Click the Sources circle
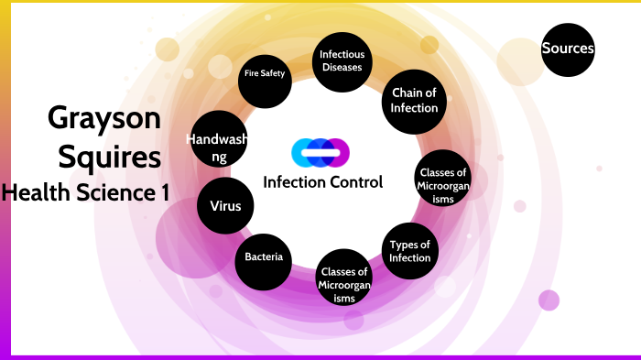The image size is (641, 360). [x=568, y=49]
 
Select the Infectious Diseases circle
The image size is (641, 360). [x=342, y=61]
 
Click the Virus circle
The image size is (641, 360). [x=225, y=206]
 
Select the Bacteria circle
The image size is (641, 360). [x=264, y=256]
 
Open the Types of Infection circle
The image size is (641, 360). [x=409, y=250]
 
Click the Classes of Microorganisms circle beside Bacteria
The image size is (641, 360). [x=344, y=285]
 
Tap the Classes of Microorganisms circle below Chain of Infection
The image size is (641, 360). [x=443, y=178]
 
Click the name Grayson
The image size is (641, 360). [x=103, y=118]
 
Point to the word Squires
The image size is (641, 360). [x=110, y=157]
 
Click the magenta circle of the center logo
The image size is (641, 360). [x=338, y=151]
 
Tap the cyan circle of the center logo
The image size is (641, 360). [x=302, y=151]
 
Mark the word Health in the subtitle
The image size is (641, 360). [x=34, y=192]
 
